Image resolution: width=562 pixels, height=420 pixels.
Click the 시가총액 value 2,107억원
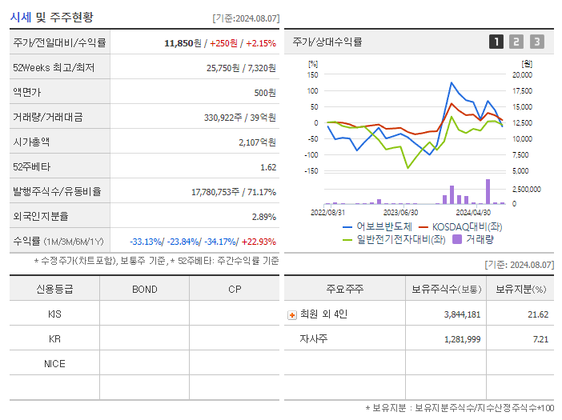[x=256, y=142]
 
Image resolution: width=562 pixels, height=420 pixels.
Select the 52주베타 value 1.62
[x=268, y=166]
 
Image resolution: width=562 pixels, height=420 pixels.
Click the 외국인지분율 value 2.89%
[x=263, y=216]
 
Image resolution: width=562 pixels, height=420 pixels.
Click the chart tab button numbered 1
[x=496, y=42]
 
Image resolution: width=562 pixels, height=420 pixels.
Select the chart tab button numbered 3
[x=536, y=42]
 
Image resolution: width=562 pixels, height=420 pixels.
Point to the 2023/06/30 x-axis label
[x=401, y=212]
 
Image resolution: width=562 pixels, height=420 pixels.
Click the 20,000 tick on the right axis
[x=522, y=74]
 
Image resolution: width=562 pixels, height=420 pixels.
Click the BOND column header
[x=144, y=290]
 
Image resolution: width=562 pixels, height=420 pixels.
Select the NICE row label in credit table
[x=54, y=363]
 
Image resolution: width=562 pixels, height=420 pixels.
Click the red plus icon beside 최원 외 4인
[x=292, y=314]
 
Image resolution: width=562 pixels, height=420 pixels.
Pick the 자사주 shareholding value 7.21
[x=540, y=339]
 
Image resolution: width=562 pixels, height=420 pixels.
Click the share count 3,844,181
[x=462, y=314]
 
